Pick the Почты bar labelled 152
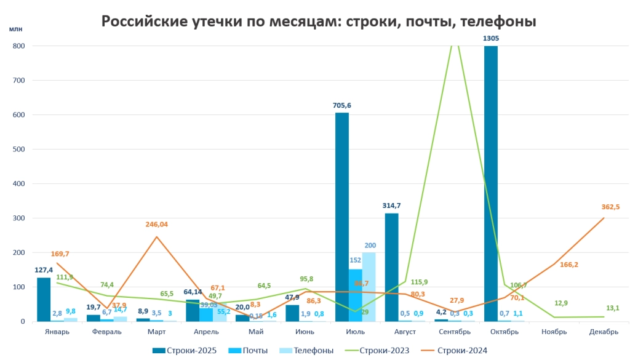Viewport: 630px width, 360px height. pyautogui.click(x=356, y=295)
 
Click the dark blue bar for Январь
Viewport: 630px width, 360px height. pyautogui.click(x=44, y=299)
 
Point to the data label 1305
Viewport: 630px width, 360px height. pyautogui.click(x=491, y=38)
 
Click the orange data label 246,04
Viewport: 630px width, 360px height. pyautogui.click(x=157, y=225)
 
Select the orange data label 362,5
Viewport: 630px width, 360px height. pyautogui.click(x=610, y=207)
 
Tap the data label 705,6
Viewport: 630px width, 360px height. pyautogui.click(x=342, y=105)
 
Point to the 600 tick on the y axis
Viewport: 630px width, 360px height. pyautogui.click(x=18, y=114)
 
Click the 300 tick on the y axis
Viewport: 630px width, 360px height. pyautogui.click(x=18, y=218)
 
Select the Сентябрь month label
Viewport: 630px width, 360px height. pyautogui.click(x=454, y=331)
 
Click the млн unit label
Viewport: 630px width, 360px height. pyautogui.click(x=15, y=29)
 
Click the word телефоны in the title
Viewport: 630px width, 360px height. pyautogui.click(x=498, y=21)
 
